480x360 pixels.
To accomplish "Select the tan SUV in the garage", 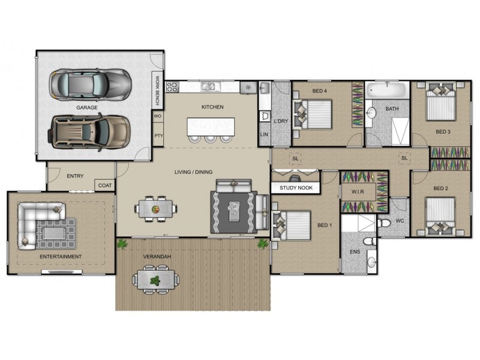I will pos(90,130).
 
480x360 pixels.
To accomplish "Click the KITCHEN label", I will pos(212,107).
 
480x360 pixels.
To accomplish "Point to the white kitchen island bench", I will pos(212,126).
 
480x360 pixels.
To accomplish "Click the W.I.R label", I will pos(359,192).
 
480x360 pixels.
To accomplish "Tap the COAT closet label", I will pos(105,185).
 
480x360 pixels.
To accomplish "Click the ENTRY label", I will pos(75,176).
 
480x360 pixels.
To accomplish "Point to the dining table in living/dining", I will pos(155,209).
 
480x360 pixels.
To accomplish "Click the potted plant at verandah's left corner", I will pos(123,244).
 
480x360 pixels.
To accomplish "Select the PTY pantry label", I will pos(158,136).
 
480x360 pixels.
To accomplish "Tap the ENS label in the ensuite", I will pos(355,252).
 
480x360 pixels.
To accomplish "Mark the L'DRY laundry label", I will pos(281,122).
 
